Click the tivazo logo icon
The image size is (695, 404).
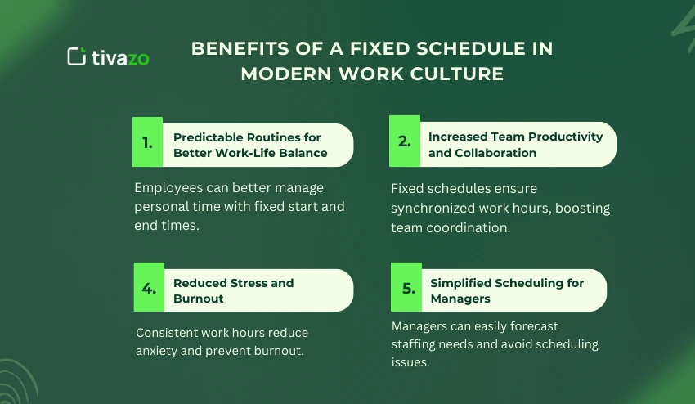coord(76,56)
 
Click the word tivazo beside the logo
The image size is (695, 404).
coord(120,57)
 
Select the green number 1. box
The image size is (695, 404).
coord(147,142)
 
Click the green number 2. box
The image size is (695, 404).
coord(405,141)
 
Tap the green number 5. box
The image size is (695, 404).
coord(406,288)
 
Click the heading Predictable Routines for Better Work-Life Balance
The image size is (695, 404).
coord(250,145)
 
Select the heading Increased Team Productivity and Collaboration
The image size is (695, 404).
coord(515,145)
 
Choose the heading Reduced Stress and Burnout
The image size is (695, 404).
coord(233,290)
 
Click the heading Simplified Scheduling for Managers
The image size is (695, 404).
coord(507,290)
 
